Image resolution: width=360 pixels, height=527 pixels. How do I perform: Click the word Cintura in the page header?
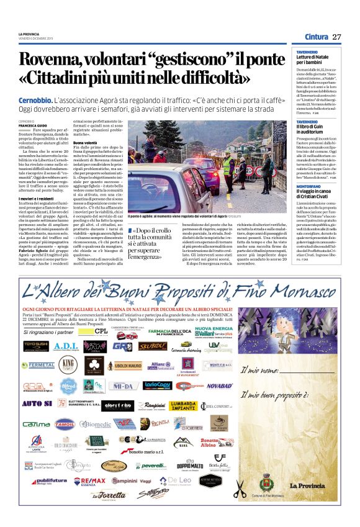click(x=317, y=37)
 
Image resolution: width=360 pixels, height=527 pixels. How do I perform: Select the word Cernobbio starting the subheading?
click(x=35, y=100)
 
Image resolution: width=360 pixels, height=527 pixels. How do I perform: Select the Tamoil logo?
click(x=65, y=423)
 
